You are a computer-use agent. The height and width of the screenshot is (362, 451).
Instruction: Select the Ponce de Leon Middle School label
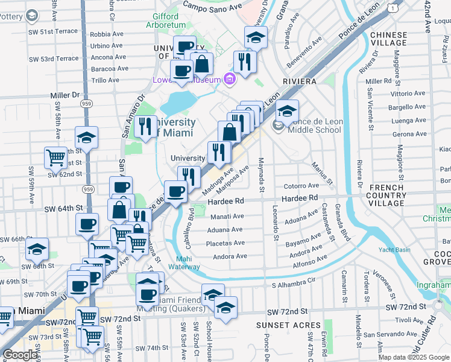coord(315,125)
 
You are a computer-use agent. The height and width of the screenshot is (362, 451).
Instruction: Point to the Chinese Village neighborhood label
coord(389,39)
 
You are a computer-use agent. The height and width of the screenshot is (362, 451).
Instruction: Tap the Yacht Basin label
coord(393,250)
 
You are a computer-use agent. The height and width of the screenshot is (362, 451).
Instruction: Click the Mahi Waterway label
coord(184,262)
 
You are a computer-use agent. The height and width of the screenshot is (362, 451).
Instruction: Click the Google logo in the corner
coord(20,355)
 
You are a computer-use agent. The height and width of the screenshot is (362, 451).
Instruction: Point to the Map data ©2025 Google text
coord(414,357)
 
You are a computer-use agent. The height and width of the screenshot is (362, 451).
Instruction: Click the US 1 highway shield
coord(393,8)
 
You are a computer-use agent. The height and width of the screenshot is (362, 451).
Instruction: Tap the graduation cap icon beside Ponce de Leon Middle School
coord(288,110)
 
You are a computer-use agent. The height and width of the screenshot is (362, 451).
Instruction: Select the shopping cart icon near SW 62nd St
coord(55,158)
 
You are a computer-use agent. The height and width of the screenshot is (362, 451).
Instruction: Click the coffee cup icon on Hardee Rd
coord(175,192)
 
